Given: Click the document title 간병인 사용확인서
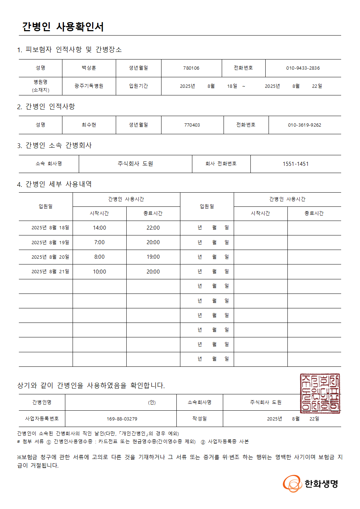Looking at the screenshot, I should point(63,26).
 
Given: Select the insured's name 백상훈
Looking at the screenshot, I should point(89,68).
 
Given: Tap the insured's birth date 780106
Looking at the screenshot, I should point(191,68).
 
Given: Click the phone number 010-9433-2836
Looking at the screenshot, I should point(303,68).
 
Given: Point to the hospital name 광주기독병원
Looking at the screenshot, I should point(89,86).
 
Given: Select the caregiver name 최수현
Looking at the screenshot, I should point(89,125).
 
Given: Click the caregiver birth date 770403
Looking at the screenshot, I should point(192,125).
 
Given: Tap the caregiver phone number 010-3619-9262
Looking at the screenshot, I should point(304,125).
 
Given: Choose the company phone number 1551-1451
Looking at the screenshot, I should point(295,164).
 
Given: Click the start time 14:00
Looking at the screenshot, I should point(99,228).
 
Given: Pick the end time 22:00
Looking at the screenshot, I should point(153,228).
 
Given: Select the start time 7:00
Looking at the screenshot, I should point(99,242).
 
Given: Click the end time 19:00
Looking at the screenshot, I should point(153,257).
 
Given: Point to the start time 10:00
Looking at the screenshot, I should point(99,272).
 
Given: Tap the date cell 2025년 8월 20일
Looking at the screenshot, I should point(50,257).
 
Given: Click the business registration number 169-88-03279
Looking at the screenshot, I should point(122,419).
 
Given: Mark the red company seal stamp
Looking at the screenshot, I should point(320,393).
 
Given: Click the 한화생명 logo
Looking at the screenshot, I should point(311,484).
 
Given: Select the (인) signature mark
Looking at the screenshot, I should point(152,402).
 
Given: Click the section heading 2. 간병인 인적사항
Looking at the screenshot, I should point(46,106).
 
